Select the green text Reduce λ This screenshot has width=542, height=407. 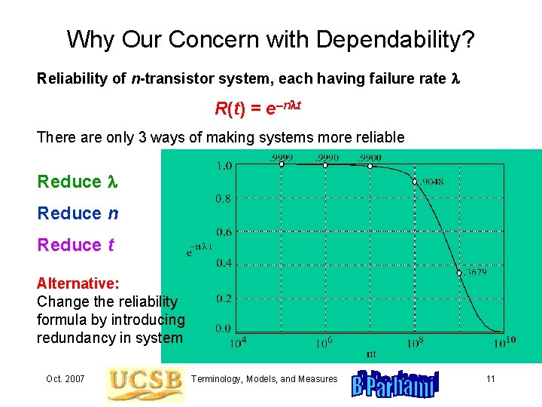coord(78,182)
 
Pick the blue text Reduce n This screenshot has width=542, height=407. coord(78,213)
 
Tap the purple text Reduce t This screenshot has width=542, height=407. coord(76,245)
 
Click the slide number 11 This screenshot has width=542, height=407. coord(490,378)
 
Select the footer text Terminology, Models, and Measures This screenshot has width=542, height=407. coord(265,378)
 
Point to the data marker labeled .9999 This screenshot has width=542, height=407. coord(282,164)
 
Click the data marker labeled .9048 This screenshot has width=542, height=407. coord(415,182)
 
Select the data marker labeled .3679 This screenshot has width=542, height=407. coord(459,273)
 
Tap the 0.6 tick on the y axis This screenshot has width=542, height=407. coord(224,232)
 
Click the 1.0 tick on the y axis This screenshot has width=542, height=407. coord(224,166)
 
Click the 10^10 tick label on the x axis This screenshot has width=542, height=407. coord(504,342)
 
